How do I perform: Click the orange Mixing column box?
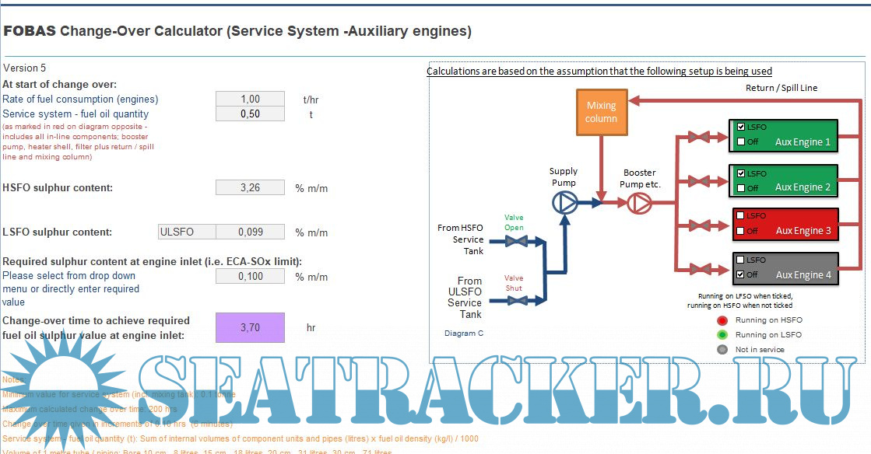601,112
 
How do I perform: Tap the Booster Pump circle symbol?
638,203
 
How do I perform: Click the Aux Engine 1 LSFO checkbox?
740,127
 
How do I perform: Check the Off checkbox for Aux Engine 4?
740,274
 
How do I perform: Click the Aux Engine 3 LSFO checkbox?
740,215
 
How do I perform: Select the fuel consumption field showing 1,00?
250,99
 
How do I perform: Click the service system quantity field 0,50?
250,113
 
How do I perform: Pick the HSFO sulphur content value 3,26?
250,187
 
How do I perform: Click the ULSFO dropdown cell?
186,232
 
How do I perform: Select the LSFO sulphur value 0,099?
250,232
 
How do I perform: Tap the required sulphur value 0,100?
250,276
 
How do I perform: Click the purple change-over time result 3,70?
250,327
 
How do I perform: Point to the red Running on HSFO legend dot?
722,320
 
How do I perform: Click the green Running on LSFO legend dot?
722,334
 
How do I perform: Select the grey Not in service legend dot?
722,349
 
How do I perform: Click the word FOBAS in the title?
29,32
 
